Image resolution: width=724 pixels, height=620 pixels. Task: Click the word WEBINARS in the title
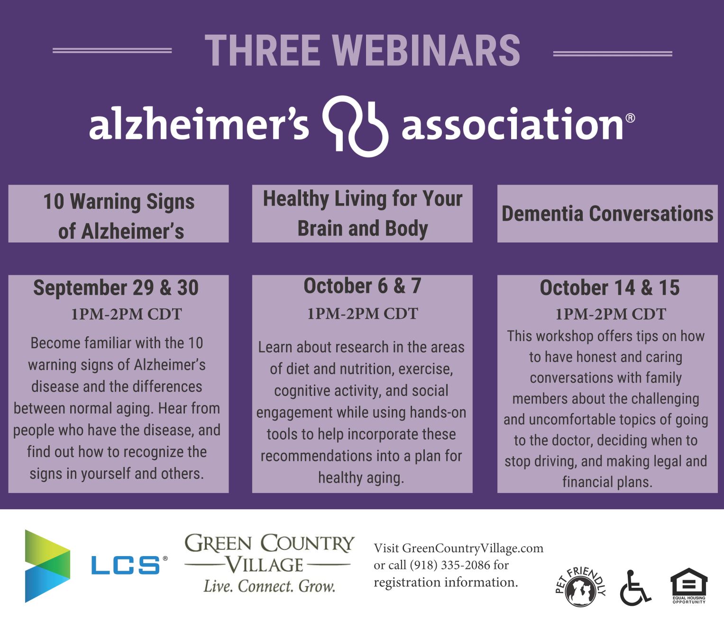point(426,50)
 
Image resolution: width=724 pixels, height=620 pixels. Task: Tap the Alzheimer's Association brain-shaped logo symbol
point(355,126)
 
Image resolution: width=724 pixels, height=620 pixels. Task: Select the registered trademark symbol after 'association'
point(630,118)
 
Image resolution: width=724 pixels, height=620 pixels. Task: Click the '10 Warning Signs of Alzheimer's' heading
point(119,216)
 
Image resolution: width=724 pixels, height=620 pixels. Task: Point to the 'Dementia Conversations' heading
point(607,214)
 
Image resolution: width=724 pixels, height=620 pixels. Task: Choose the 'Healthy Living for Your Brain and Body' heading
point(363,214)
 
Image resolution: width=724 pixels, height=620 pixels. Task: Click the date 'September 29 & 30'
point(116,288)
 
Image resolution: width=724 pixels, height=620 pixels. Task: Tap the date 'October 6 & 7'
point(362,286)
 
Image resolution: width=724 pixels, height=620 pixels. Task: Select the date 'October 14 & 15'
point(609,288)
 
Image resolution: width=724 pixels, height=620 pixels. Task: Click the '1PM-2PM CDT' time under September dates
point(127,314)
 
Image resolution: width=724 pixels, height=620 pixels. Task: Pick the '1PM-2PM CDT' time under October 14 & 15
point(611,314)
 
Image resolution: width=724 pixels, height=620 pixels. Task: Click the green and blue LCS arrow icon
point(47,566)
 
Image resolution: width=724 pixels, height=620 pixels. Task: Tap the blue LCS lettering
point(125,566)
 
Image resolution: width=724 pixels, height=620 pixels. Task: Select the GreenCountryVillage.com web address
point(473,548)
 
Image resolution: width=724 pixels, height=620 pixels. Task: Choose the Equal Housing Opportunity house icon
point(688,586)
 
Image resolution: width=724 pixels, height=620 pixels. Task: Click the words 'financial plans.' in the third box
point(607,482)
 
